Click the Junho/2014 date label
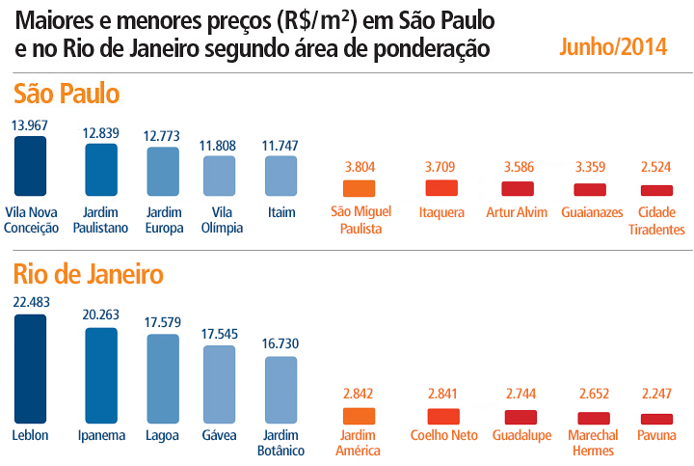612,47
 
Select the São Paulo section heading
67,94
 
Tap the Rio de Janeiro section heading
88,274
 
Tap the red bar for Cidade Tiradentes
656,191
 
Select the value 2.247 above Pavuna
656,396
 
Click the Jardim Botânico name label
280,443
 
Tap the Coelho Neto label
442,435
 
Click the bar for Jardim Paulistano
101,171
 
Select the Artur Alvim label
517,212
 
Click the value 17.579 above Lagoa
162,323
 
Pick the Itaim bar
280,177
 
